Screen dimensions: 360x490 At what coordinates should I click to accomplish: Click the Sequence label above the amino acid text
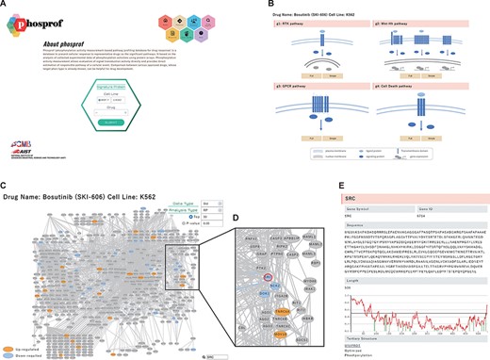[356, 223]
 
